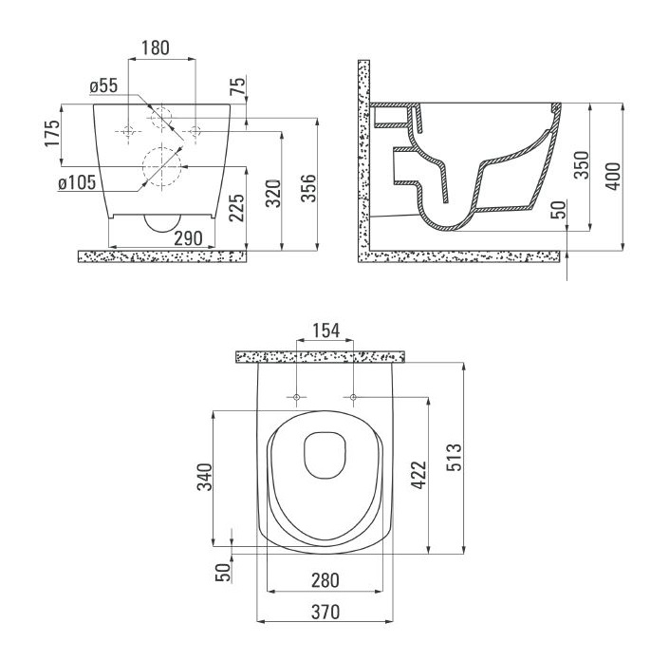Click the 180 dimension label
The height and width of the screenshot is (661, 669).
156,47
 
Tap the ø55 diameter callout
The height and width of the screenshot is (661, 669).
103,85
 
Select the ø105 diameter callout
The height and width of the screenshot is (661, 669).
77,182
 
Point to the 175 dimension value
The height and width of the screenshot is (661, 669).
52,134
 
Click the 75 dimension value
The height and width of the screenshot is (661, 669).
239,86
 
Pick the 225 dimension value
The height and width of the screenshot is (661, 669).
237,208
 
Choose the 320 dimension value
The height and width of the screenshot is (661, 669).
273,194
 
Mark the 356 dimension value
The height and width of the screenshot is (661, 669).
309,188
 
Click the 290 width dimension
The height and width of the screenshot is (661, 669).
188,238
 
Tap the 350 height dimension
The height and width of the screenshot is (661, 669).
582,165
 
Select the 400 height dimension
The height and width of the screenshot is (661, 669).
614,176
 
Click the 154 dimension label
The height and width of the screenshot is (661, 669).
326,330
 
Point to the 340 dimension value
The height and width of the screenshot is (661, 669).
204,477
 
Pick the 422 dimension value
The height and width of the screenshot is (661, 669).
418,475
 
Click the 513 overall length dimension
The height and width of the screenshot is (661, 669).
455,458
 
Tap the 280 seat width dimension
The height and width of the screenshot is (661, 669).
325,580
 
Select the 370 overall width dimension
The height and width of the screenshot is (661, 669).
325,612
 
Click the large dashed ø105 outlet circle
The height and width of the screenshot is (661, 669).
143,166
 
